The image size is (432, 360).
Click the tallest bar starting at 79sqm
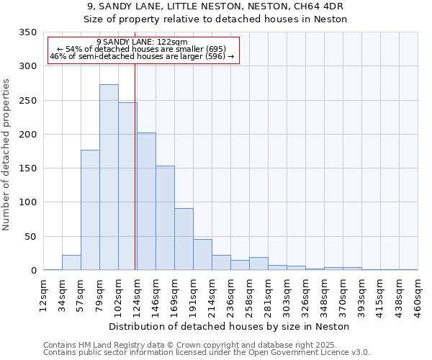click(109, 177)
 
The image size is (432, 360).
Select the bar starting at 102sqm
click(127, 186)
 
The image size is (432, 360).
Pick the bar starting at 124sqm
click(146, 202)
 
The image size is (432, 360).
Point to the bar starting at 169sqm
click(184, 239)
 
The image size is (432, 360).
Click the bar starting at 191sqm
click(202, 255)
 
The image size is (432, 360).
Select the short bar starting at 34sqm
click(71, 263)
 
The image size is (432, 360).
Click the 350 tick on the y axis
click(27, 32)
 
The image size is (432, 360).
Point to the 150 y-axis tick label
click(27, 168)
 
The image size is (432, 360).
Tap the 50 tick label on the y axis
click(30, 236)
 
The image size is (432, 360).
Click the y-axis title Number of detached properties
click(7, 155)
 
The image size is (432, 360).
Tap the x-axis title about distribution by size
click(230, 326)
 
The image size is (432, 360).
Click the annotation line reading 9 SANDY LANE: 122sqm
click(142, 42)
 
